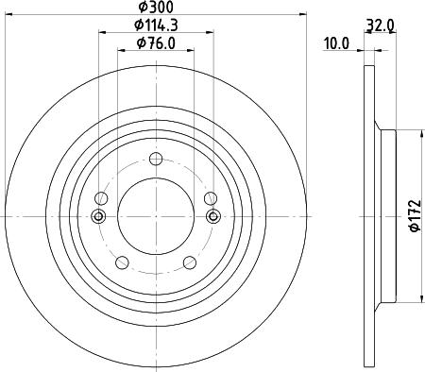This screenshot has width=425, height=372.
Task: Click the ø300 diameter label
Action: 154,8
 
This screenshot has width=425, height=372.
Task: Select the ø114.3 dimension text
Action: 155,25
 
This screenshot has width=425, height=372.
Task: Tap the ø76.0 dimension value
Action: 155,43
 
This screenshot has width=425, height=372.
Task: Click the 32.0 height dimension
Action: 380,26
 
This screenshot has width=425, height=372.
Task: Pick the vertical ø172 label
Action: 411,217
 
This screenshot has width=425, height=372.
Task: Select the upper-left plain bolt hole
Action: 103,197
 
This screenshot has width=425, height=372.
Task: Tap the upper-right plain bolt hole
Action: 208,197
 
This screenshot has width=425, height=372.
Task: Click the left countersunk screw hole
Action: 97,217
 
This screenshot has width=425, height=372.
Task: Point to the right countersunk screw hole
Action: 212,217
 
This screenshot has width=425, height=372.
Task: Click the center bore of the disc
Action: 155,217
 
